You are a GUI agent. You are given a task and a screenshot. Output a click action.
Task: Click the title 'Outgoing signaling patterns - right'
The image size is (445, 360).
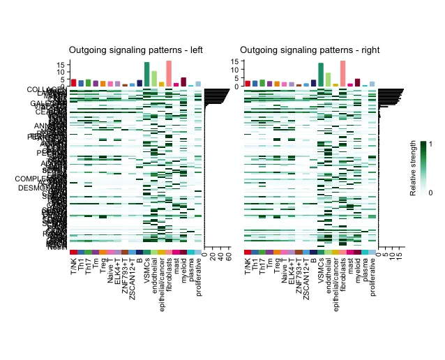click(x=312, y=50)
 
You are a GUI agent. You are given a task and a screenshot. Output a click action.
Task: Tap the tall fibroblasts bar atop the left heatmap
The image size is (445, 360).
click(x=169, y=73)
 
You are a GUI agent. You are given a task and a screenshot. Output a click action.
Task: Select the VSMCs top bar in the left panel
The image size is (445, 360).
click(x=147, y=74)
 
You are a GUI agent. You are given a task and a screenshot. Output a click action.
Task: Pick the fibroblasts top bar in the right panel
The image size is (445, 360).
click(x=342, y=73)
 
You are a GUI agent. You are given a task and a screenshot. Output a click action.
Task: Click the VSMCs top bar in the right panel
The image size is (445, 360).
click(x=321, y=75)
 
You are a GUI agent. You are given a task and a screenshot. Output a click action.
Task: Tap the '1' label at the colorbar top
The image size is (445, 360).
click(x=431, y=144)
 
